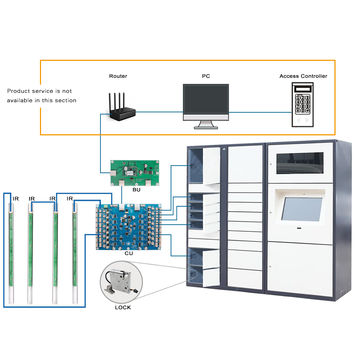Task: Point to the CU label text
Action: [x=129, y=254]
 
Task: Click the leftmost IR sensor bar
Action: [x=13, y=245]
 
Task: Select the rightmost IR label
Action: [x=70, y=199]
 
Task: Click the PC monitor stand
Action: [x=209, y=124]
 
